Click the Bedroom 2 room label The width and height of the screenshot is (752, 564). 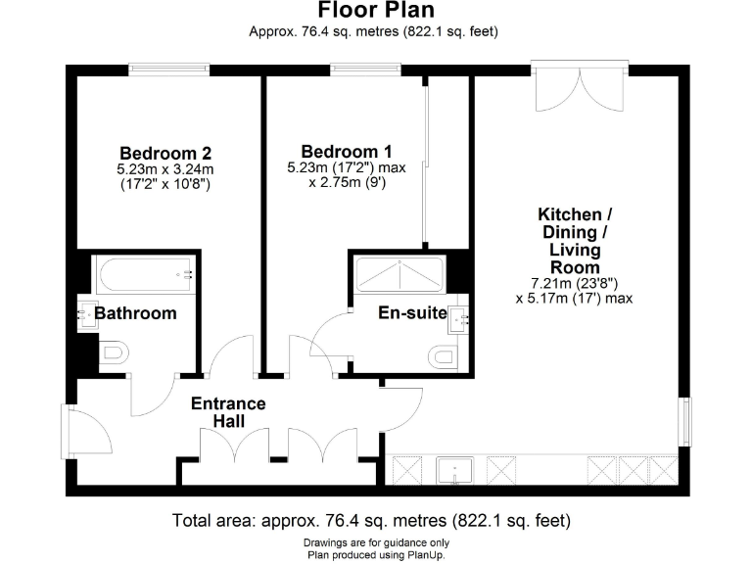165,153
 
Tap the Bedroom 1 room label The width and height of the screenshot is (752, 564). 347,152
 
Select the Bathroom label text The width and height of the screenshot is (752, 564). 135,313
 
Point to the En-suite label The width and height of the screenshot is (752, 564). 412,313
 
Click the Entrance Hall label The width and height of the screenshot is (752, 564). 228,412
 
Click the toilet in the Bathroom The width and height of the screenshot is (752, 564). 113,352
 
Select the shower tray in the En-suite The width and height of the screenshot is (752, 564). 399,273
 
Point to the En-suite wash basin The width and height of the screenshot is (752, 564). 461,315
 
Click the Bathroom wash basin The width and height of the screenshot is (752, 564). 83,314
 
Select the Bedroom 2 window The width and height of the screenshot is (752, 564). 169,70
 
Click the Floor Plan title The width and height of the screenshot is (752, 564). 375,12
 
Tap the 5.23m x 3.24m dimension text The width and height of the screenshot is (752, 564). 164,169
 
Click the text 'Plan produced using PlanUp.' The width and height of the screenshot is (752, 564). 375,553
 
